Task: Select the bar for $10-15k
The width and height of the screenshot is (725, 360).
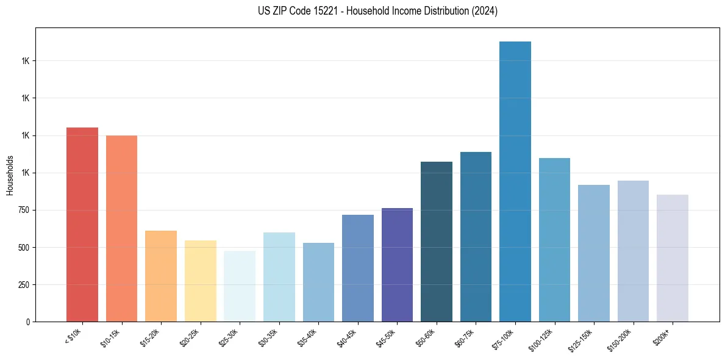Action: tap(121, 228)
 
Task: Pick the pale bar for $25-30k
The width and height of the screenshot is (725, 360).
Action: tap(240, 286)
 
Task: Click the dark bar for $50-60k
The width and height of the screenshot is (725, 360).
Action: tap(437, 242)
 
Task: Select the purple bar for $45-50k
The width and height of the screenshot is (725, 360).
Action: tap(397, 265)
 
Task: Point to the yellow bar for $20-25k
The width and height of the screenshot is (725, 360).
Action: tap(200, 281)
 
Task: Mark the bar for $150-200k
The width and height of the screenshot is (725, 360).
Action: tap(633, 251)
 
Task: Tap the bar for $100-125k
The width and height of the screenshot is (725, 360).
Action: tap(554, 240)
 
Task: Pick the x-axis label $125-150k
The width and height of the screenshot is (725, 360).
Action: tap(582, 339)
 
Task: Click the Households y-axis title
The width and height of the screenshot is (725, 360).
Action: tap(10, 175)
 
